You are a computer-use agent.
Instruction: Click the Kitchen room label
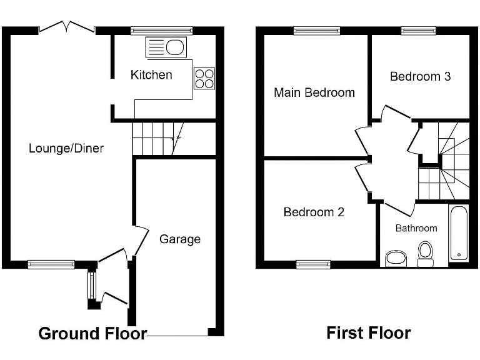tap(151, 75)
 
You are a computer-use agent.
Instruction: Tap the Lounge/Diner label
tap(66, 149)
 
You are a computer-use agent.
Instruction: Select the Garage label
tap(180, 239)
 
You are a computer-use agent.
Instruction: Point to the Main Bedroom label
tap(314, 93)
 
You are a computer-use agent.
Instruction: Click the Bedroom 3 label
tap(420, 77)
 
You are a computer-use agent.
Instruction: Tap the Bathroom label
tap(416, 228)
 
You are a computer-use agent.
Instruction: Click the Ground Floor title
tap(92, 333)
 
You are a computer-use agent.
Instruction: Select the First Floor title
tap(369, 333)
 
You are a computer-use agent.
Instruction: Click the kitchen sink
tap(166, 47)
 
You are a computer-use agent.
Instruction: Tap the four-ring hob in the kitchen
tap(204, 78)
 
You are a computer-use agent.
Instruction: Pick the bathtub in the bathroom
tap(459, 233)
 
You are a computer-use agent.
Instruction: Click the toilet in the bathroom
tap(426, 254)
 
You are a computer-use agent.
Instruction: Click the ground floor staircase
tap(156, 139)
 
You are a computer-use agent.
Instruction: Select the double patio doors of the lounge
tap(66, 27)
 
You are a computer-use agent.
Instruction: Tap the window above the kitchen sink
tap(162, 29)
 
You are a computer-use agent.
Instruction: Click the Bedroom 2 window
tap(314, 264)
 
